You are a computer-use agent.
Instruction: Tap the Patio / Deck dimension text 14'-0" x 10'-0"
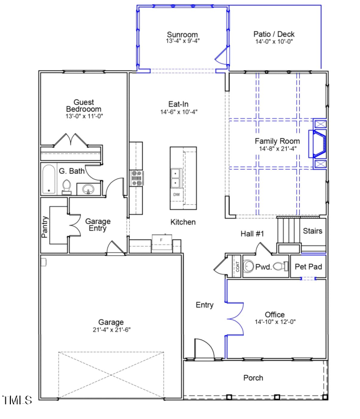274,41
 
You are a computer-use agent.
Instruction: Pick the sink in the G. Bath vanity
88,189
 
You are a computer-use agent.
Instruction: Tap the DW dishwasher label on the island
176,195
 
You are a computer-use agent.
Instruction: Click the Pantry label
45,227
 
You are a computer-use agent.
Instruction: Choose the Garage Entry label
98,225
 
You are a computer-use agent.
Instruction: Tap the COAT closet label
237,267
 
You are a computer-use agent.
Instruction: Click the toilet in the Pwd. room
280,266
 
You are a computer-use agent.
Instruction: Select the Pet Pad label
308,267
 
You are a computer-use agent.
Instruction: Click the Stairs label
312,231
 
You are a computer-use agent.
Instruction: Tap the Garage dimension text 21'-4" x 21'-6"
111,330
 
